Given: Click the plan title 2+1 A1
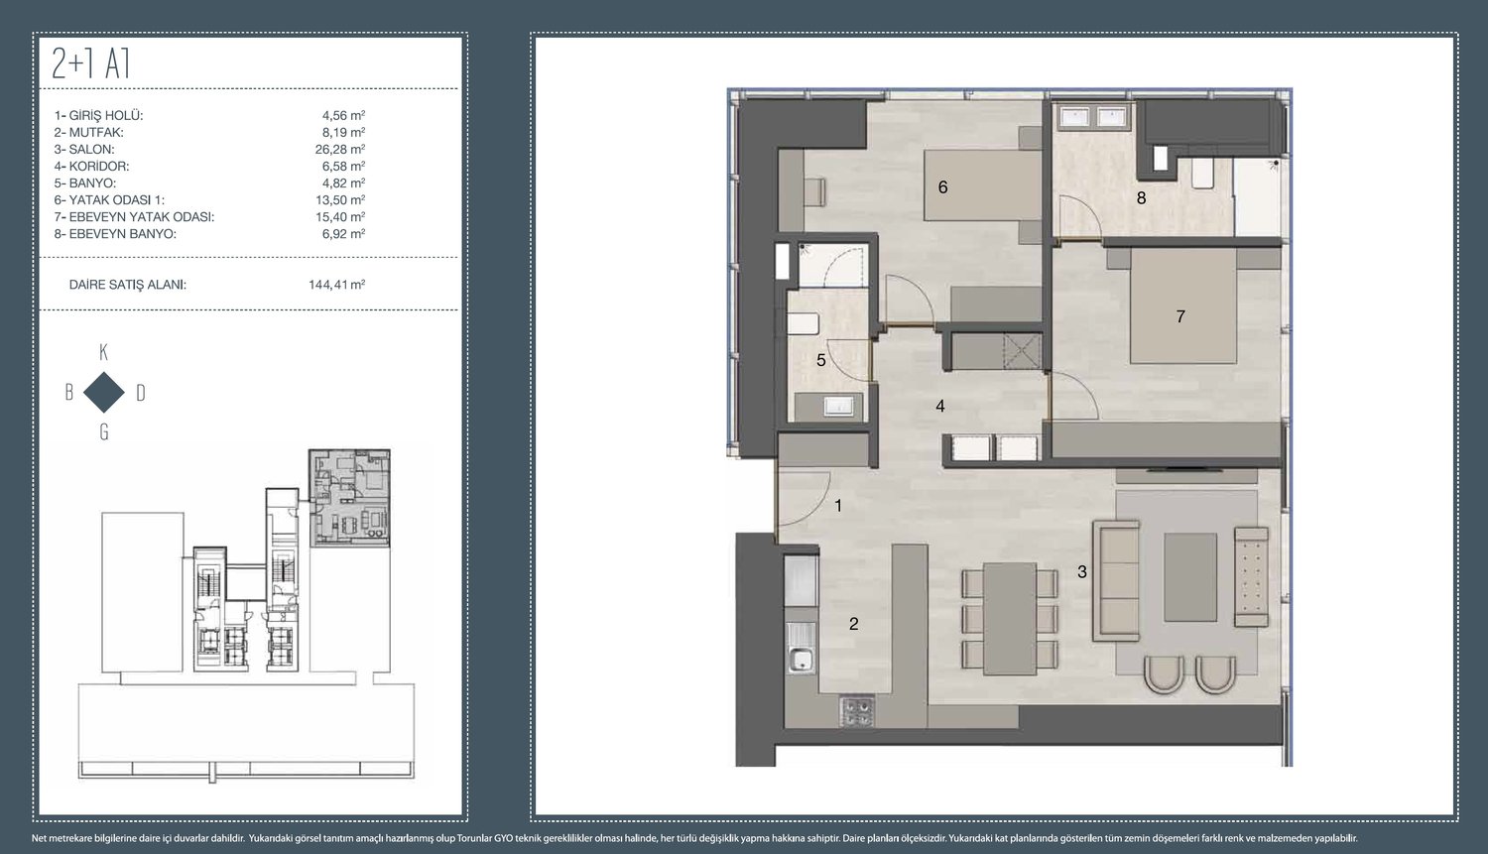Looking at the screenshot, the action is point(90,64).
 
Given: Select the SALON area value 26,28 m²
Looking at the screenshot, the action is point(340,149).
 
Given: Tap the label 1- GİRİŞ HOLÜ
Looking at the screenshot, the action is point(99,115).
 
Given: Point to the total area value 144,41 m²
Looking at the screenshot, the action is point(337,285).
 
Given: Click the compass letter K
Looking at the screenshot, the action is point(103,353).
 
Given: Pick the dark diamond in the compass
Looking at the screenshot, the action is point(103,393).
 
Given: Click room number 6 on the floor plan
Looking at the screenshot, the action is point(942,187).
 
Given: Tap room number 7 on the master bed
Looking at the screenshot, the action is point(1180,316).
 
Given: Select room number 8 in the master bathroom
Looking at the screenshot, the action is point(1141,198).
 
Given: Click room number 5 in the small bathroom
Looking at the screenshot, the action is point(821,361).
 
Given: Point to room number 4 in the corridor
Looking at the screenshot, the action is point(940,406).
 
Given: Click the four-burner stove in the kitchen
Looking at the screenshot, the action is point(857,711).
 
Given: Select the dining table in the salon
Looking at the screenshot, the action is point(1010,619).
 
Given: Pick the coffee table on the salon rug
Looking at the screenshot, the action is point(1190,577).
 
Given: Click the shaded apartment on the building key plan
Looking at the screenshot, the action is point(349,498).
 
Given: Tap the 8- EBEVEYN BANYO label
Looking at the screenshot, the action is point(115,234).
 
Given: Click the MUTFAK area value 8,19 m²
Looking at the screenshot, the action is point(343,132).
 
